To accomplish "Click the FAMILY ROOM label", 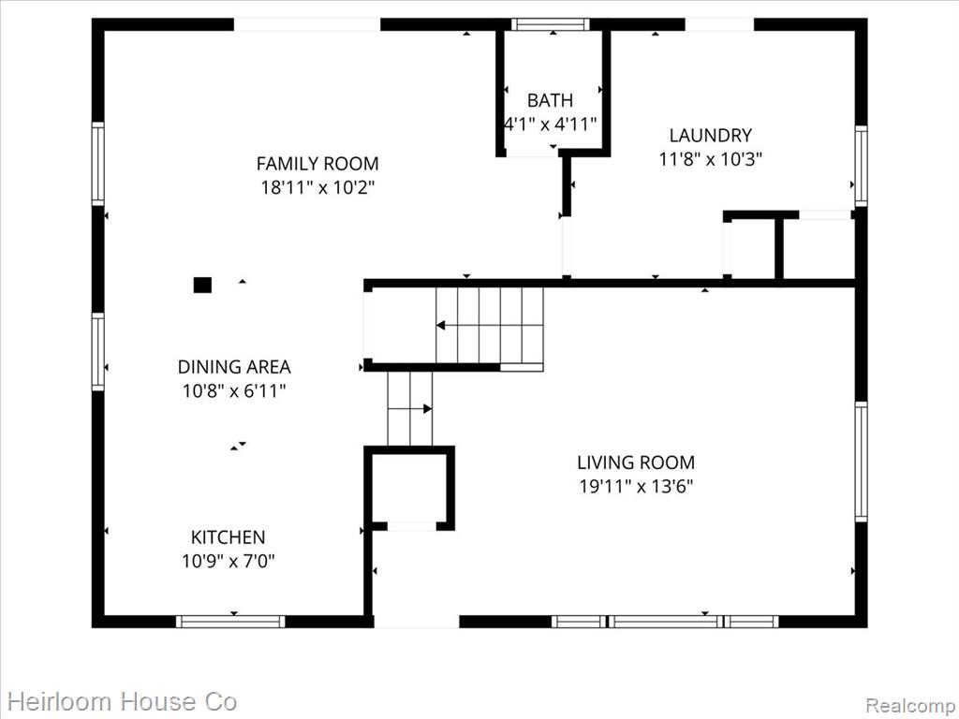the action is pyautogui.click(x=317, y=164).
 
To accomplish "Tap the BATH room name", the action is pyautogui.click(x=550, y=100).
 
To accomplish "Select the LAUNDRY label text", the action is pyautogui.click(x=710, y=135).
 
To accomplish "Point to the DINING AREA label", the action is pyautogui.click(x=234, y=367).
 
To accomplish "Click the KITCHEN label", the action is pyautogui.click(x=229, y=537).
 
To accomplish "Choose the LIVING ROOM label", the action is pyautogui.click(x=636, y=462).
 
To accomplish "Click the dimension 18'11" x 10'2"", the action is pyautogui.click(x=317, y=187).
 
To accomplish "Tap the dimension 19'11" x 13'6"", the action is pyautogui.click(x=636, y=487).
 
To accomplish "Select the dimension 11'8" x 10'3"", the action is pyautogui.click(x=710, y=159).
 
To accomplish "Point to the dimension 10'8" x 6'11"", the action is pyautogui.click(x=234, y=390).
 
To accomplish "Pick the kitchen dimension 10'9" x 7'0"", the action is pyautogui.click(x=229, y=561).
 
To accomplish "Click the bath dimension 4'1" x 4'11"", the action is pyautogui.click(x=550, y=125).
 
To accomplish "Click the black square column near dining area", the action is pyautogui.click(x=202, y=285).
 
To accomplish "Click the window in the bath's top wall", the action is pyautogui.click(x=551, y=24).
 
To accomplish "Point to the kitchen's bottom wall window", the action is pyautogui.click(x=230, y=622).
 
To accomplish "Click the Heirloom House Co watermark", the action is pyautogui.click(x=123, y=701).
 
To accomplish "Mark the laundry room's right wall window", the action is pyautogui.click(x=862, y=165).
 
